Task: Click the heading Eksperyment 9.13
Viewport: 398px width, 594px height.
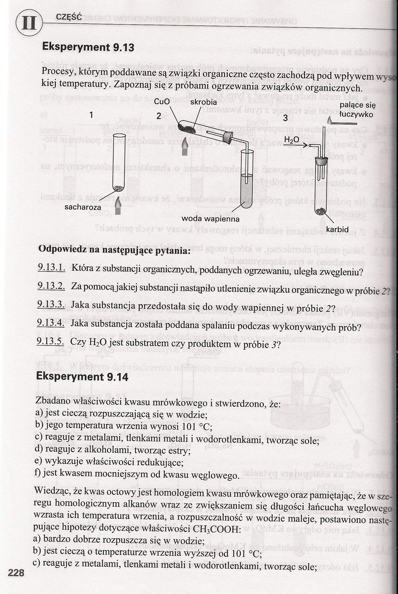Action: click(88, 47)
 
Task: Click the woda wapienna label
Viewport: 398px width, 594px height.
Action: click(210, 219)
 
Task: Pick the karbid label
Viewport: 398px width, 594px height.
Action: click(337, 229)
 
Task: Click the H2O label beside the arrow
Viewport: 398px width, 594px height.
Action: click(291, 140)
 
